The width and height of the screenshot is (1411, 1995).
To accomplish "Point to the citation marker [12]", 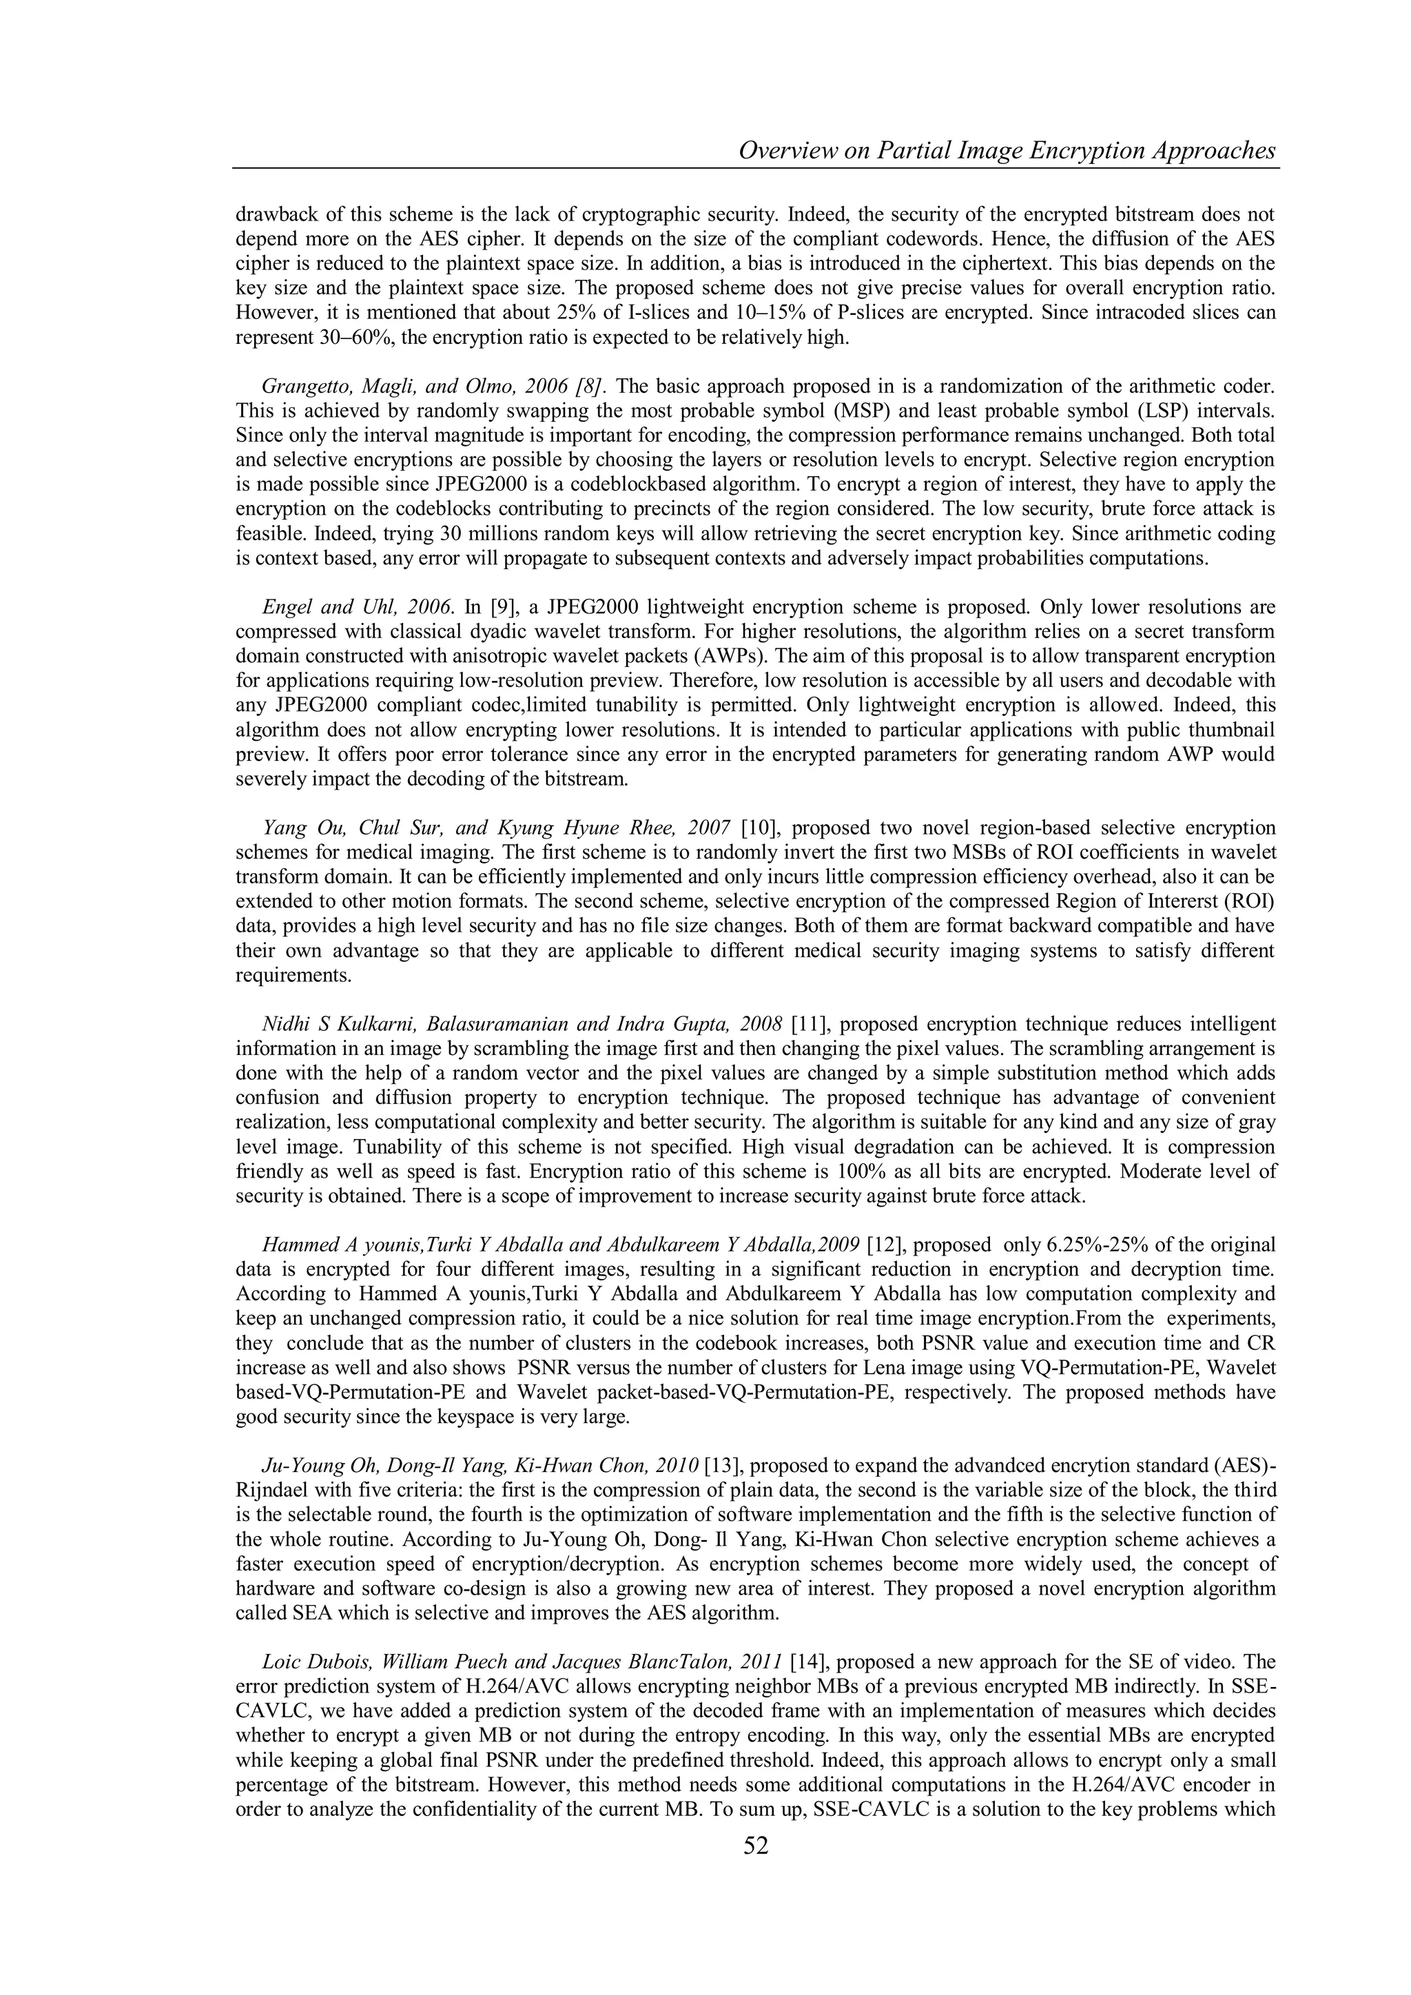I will pos(889,1243).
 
